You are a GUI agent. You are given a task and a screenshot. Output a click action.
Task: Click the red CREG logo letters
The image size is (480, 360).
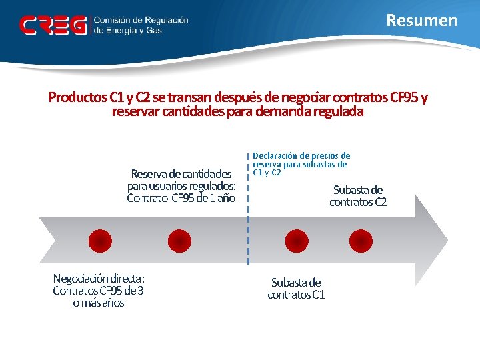click(53, 25)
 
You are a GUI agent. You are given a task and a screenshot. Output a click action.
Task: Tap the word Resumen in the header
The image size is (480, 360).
click(422, 21)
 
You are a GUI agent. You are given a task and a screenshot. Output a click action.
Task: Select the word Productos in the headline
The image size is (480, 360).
click(78, 98)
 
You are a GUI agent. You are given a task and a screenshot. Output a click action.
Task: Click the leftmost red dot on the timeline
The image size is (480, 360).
click(100, 241)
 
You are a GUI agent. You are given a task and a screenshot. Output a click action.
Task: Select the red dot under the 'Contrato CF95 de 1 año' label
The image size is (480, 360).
click(179, 241)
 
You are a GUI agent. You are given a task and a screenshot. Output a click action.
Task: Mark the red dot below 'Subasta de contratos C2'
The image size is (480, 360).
click(361, 241)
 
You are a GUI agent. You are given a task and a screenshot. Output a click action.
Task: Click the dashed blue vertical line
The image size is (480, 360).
click(248, 220)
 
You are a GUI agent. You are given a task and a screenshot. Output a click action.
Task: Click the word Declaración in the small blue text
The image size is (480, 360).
click(275, 156)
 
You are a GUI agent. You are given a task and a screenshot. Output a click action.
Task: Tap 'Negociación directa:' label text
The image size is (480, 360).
click(99, 279)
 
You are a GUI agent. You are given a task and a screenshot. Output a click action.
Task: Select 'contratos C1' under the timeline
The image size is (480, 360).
click(296, 295)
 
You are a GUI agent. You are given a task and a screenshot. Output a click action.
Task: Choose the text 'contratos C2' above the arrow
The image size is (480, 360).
click(358, 202)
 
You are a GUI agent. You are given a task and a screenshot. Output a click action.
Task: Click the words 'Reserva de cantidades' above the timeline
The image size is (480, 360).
click(181, 174)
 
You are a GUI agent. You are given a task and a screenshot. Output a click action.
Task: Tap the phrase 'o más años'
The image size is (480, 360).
click(99, 303)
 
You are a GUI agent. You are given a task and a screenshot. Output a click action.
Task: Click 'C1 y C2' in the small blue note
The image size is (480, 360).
click(267, 173)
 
